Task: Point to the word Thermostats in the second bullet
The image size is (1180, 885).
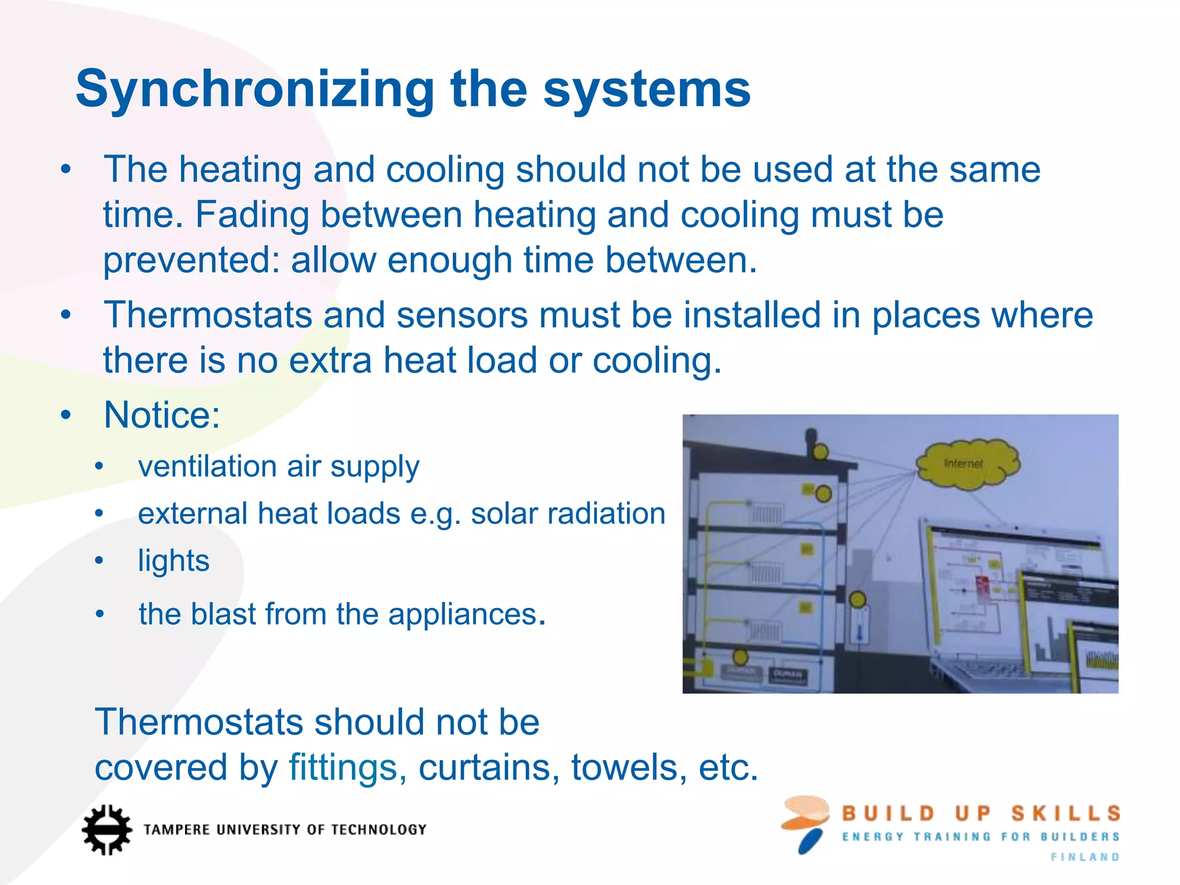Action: [207, 315]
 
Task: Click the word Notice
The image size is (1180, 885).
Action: [162, 415]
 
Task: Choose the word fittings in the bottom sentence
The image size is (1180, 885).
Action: [343, 767]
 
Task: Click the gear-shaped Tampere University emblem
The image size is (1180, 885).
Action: [107, 830]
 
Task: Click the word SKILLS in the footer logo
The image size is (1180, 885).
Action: [1066, 814]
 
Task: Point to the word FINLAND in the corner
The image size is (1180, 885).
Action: [1085, 857]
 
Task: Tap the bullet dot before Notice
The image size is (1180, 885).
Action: [66, 415]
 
